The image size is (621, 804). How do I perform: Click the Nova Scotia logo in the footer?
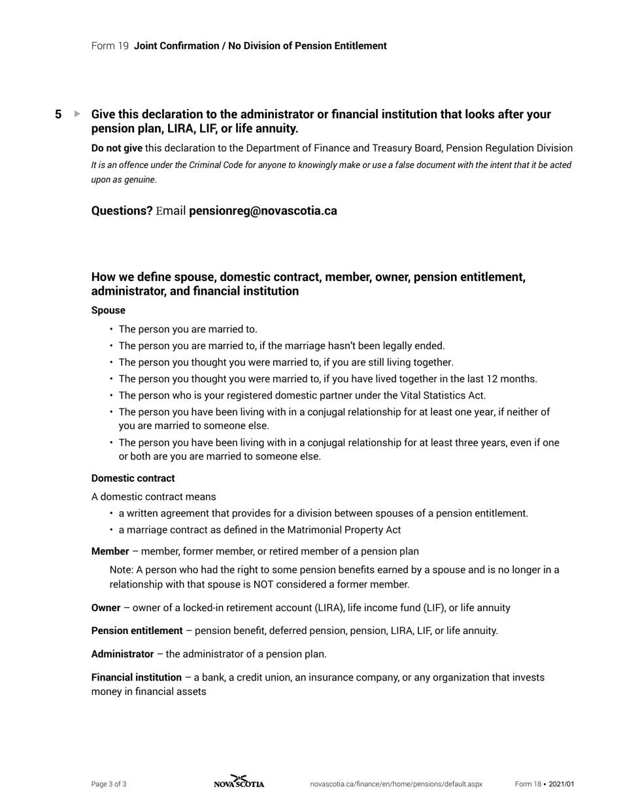[239, 782]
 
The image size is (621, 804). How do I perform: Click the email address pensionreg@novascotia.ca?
[263, 211]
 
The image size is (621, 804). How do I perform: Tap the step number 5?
[58, 114]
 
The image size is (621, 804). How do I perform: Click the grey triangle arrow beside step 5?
[77, 114]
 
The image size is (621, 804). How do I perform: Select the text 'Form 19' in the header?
[110, 46]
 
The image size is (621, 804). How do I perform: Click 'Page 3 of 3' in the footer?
[109, 784]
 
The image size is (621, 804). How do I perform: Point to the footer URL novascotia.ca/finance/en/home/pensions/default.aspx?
[395, 784]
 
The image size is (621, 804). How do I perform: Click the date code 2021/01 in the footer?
[561, 784]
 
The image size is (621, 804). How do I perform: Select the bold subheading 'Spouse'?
[108, 310]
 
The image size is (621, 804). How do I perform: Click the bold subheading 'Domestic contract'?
[133, 478]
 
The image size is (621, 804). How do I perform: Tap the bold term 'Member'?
[110, 551]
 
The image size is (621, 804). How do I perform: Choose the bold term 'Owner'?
[106, 608]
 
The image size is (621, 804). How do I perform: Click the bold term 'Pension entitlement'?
[137, 631]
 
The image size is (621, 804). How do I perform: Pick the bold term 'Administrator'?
[122, 654]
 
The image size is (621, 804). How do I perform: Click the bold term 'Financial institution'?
[136, 677]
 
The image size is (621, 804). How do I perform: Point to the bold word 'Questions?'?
[122, 211]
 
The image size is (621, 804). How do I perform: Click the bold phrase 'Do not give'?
[116, 148]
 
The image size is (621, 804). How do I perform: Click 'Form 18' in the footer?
[528, 784]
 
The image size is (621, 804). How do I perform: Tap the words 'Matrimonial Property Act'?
[344, 530]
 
